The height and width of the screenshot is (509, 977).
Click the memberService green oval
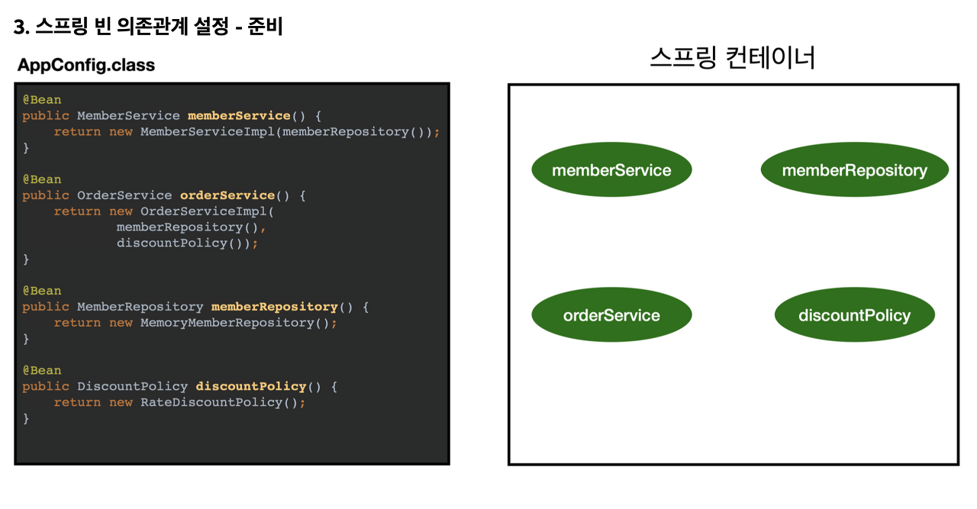(611, 170)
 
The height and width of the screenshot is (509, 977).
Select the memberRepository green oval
(854, 170)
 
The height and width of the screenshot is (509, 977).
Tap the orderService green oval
(611, 315)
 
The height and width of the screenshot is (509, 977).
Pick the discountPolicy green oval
(854, 315)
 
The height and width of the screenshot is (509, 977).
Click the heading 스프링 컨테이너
(733, 57)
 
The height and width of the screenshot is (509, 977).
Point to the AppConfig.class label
(86, 65)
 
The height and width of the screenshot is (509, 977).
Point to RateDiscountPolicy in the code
(211, 402)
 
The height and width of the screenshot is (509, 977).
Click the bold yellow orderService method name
(227, 195)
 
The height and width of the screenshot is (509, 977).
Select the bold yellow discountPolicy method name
(250, 386)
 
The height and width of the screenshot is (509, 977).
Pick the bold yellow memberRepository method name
(274, 307)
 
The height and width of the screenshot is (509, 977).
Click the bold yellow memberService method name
(239, 116)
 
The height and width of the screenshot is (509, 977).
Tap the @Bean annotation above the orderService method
(42, 179)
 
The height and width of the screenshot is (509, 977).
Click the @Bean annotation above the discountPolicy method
(42, 370)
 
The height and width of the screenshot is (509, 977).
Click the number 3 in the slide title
(20, 28)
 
